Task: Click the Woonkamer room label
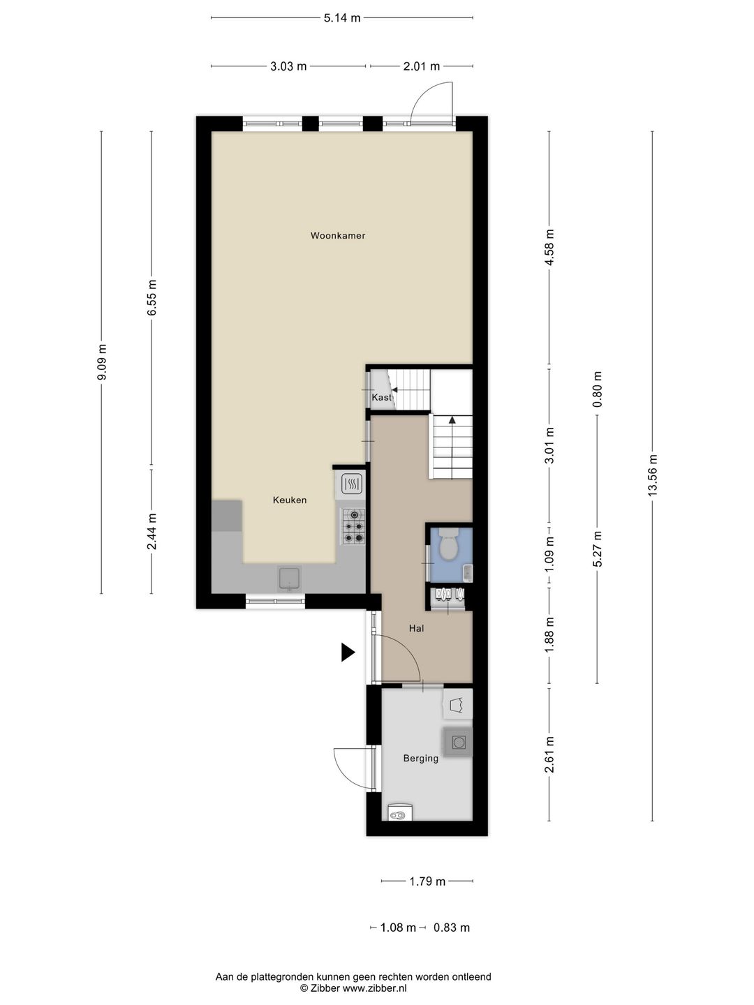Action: tap(338, 236)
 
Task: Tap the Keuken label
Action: tap(289, 500)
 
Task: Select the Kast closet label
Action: tap(381, 397)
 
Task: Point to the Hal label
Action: tap(416, 629)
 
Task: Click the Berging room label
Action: tap(421, 759)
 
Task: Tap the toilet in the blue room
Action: tap(448, 544)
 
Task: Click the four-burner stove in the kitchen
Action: tap(353, 526)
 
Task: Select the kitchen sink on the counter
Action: tap(290, 579)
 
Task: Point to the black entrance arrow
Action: tap(348, 652)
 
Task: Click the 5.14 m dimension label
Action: tap(342, 18)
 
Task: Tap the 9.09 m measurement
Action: tap(102, 362)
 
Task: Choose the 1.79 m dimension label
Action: tap(427, 881)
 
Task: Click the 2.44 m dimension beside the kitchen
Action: tap(151, 531)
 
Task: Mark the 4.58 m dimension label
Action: tap(549, 247)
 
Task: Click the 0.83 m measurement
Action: tap(452, 928)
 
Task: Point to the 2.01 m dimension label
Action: tap(421, 66)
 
